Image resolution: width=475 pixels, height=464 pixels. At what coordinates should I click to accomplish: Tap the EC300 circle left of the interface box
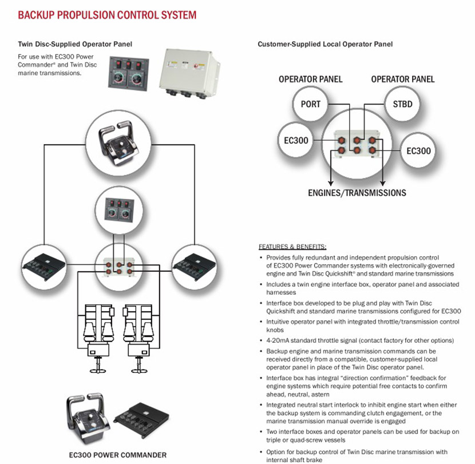[294, 140]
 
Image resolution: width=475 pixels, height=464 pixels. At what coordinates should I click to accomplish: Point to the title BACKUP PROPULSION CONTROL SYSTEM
[107, 15]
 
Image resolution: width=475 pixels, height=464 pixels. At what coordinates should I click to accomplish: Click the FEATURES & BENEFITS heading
[292, 247]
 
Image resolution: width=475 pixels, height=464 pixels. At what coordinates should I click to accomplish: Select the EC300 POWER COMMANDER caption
[117, 455]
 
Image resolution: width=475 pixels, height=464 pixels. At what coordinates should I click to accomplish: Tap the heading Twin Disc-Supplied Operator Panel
[71, 43]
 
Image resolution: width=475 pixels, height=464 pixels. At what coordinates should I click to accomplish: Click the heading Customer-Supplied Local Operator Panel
[325, 44]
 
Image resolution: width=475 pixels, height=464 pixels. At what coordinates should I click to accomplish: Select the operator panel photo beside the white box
[130, 74]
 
